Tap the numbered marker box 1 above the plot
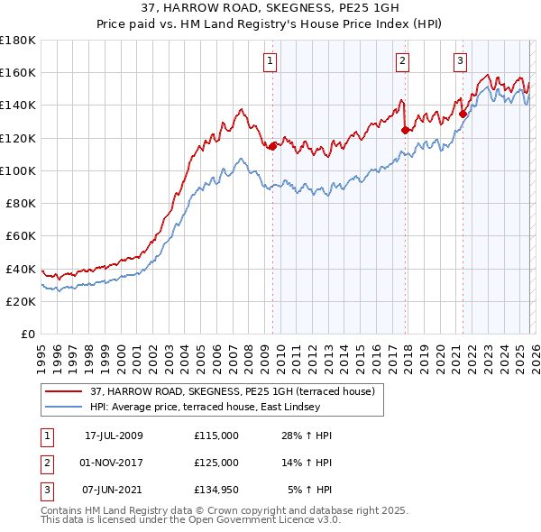(x=270, y=61)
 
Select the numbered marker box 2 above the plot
(x=401, y=61)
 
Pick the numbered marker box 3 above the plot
(x=460, y=61)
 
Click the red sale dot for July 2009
(x=272, y=146)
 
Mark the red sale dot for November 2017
(x=405, y=130)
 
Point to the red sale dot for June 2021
(x=463, y=114)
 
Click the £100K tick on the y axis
(x=18, y=170)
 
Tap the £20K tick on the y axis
(x=21, y=301)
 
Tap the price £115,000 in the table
(x=215, y=436)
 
